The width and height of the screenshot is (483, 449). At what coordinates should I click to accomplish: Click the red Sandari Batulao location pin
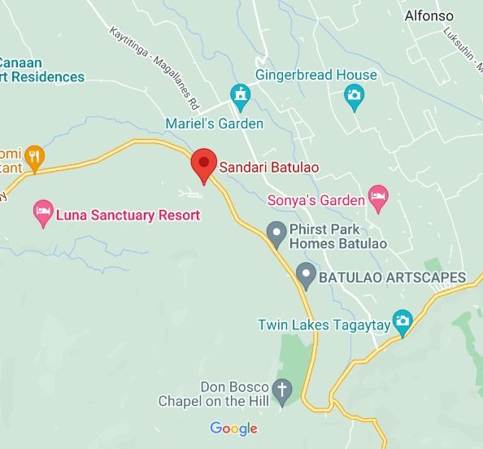click(x=202, y=163)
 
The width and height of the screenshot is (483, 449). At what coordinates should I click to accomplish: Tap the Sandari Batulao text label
click(x=268, y=168)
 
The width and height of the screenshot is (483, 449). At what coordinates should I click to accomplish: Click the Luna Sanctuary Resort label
click(x=128, y=216)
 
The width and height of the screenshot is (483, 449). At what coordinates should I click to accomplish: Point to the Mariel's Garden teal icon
click(x=239, y=98)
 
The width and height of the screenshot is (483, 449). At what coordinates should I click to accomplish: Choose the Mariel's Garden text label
click(x=215, y=124)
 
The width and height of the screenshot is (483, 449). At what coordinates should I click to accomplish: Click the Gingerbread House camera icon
click(x=354, y=98)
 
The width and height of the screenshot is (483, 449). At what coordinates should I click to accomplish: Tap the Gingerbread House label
click(x=316, y=75)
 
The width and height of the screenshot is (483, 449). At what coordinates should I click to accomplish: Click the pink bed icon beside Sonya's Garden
click(x=377, y=195)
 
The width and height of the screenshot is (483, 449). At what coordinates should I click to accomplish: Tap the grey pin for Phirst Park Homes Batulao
click(x=277, y=233)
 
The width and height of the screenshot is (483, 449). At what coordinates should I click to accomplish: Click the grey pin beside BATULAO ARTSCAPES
click(x=306, y=275)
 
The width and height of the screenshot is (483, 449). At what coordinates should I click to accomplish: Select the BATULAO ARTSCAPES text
click(x=392, y=277)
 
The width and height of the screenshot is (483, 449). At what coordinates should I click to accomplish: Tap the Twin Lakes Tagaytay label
click(x=322, y=325)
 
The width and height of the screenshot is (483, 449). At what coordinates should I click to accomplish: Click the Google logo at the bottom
click(x=233, y=429)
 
